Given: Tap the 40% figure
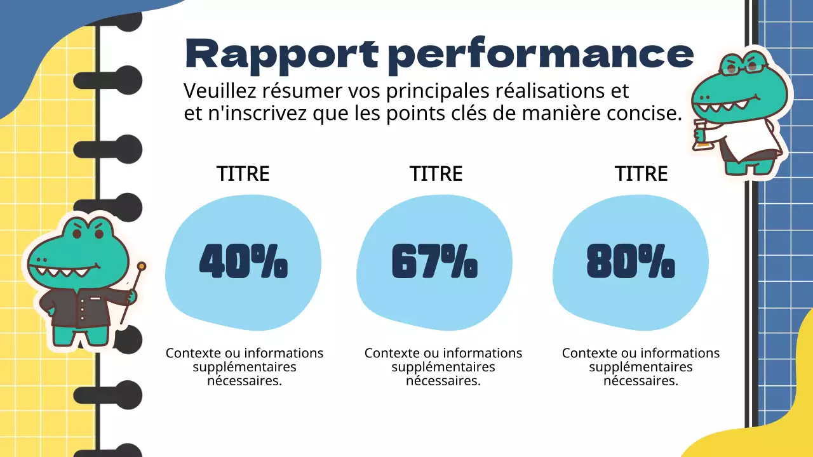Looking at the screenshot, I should coord(243,262).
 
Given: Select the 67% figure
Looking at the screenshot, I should coord(434,262).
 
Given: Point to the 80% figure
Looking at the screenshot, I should coord(631,262).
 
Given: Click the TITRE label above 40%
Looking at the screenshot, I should coord(243,174).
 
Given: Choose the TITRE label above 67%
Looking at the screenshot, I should coord(436,174).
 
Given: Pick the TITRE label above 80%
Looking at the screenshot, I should coord(641,174).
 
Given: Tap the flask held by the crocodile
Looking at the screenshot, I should coord(701,137).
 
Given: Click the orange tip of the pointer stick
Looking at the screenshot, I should coord(141,266).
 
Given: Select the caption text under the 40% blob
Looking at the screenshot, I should coord(245,367).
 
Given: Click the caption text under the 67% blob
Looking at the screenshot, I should coord(443,367).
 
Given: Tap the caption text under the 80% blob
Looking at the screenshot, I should coord(641,367).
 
